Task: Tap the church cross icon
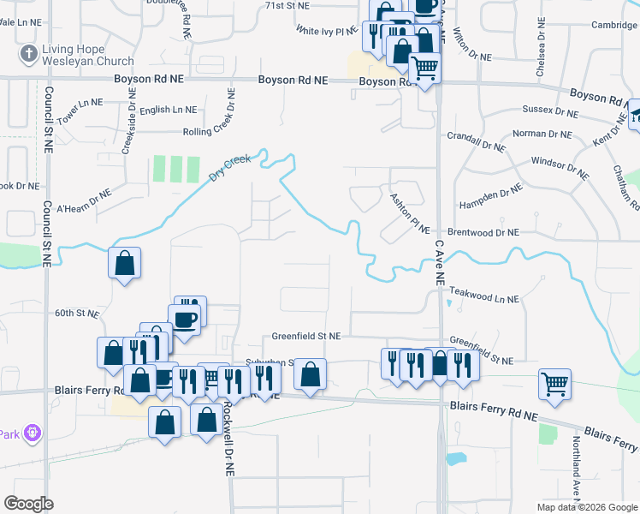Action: pyautogui.click(x=28, y=54)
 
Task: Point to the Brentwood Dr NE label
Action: pyautogui.click(x=483, y=232)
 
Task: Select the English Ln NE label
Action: pyautogui.click(x=168, y=111)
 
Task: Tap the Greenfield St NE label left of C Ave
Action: pyautogui.click(x=306, y=336)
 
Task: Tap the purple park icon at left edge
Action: pyautogui.click(x=33, y=433)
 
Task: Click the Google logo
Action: pyautogui.click(x=28, y=504)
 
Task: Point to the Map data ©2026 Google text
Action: pyautogui.click(x=586, y=507)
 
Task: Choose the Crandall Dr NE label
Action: pyautogui.click(x=477, y=135)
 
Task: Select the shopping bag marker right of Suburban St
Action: pyautogui.click(x=310, y=374)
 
